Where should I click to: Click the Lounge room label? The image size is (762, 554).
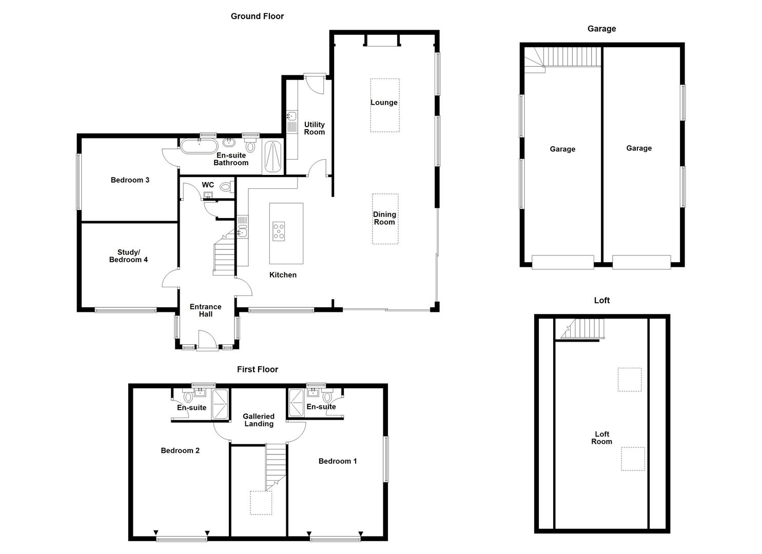(384, 103)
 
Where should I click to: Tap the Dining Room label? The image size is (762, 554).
(384, 218)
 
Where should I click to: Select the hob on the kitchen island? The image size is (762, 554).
(279, 231)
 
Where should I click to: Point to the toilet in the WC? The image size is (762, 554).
(225, 188)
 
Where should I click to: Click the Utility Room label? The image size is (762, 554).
(314, 128)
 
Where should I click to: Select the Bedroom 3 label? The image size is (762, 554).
(130, 180)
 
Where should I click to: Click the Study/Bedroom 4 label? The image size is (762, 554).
(128, 256)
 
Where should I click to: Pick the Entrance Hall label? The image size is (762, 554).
(205, 310)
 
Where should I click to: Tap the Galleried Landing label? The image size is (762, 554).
(259, 420)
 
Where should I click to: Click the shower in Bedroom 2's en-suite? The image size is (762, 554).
(221, 405)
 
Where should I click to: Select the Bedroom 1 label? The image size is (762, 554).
(337, 461)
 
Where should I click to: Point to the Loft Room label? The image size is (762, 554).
(601, 438)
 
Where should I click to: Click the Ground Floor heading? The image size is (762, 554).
(257, 16)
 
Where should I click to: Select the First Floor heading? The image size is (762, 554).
(257, 369)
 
